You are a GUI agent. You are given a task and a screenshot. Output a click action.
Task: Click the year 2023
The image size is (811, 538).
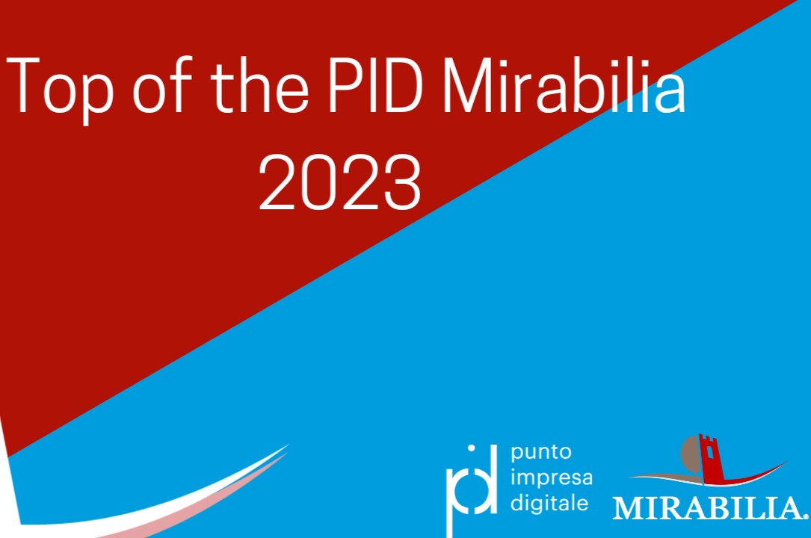340,184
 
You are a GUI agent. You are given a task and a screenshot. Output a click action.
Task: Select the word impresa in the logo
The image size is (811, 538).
551,477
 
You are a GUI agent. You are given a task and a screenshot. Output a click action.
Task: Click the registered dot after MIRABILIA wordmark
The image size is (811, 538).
805,515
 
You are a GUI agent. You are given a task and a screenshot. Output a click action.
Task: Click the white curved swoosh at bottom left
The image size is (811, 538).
187,497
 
